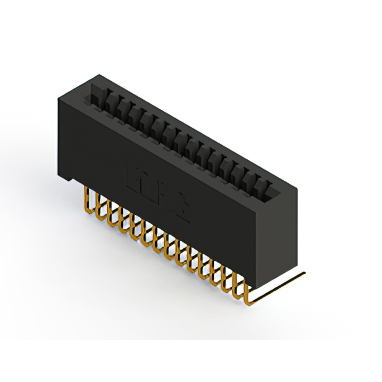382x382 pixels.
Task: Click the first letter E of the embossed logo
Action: [x=133, y=176]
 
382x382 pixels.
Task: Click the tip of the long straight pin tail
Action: [x=304, y=273]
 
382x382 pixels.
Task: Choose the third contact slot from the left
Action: [x=123, y=113]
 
